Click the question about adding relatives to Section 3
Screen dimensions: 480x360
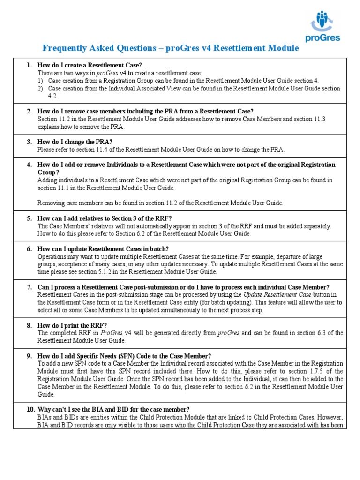point(105,218)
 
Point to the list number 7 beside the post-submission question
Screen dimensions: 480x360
point(29,287)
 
